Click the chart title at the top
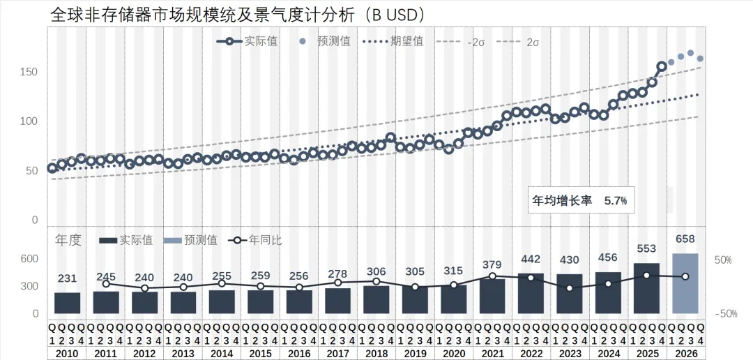coord(238,14)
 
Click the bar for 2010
coord(68,303)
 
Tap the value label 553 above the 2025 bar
coord(647,248)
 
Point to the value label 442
coord(531,259)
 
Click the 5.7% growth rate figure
coord(615,200)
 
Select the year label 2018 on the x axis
coord(376,354)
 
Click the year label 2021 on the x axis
coord(492,354)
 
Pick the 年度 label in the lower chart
coord(68,240)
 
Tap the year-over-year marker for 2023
coord(570,287)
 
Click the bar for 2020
coord(453,299)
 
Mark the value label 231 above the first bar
coord(68,278)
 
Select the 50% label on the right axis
coord(722,260)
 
